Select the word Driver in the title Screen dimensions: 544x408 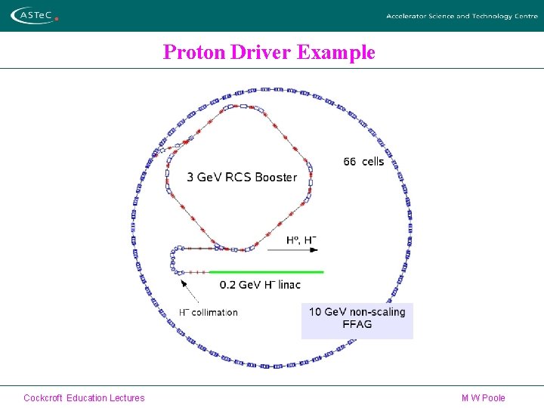tap(262, 52)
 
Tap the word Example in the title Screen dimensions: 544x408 tap(336, 52)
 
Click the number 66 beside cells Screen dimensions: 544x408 tap(350, 161)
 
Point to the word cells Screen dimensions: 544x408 tap(373, 161)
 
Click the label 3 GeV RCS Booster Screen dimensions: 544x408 tap(242, 178)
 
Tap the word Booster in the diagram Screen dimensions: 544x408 tap(276, 178)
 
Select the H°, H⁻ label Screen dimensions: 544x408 tap(301, 240)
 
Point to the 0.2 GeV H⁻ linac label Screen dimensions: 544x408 tap(260, 285)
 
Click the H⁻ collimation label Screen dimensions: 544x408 tap(208, 312)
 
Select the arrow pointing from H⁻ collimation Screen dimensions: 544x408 tap(190, 292)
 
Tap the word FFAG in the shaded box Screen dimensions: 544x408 tap(357, 325)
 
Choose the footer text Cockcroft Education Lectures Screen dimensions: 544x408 tap(84, 397)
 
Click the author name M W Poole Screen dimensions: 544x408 tap(483, 397)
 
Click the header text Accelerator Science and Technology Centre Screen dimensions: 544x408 tap(462, 16)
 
